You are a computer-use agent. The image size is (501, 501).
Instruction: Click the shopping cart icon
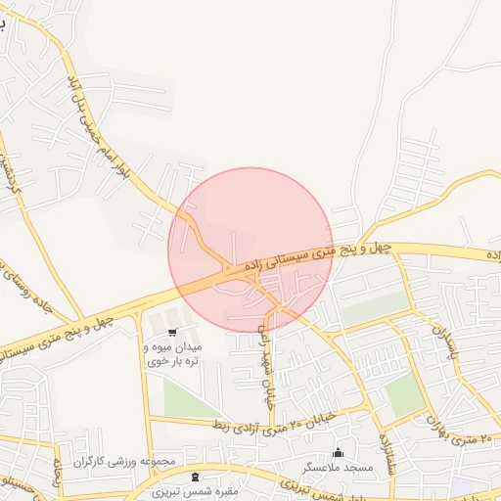[172, 333]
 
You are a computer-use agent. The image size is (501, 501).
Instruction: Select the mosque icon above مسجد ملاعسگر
[339, 452]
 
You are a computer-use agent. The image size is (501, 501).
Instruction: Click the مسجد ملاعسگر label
[339, 469]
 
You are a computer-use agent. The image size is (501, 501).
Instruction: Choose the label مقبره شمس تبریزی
[192, 492]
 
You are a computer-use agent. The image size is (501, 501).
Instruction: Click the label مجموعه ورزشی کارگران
[129, 461]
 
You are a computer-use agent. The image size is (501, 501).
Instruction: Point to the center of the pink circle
[250, 250]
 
